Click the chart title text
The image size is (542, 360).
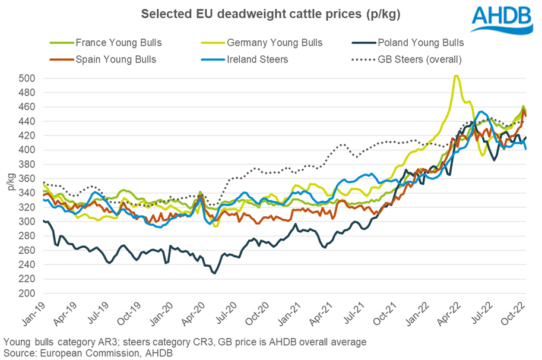pos(271,14)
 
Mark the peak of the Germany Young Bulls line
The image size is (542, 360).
pos(455,75)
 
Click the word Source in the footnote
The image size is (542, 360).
pos(18,352)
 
